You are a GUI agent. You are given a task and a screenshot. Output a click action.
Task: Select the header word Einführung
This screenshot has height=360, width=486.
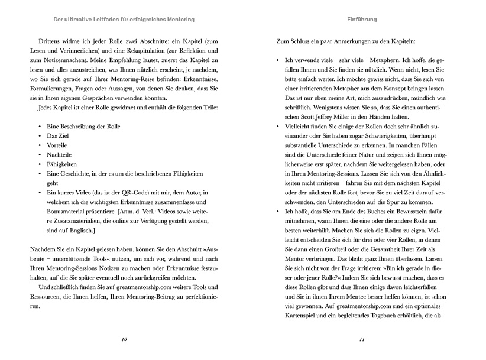click(x=362, y=20)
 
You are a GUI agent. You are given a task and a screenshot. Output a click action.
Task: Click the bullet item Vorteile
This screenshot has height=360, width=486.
click(x=58, y=144)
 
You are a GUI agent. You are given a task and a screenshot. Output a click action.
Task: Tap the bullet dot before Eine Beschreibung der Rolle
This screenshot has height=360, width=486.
click(x=39, y=125)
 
